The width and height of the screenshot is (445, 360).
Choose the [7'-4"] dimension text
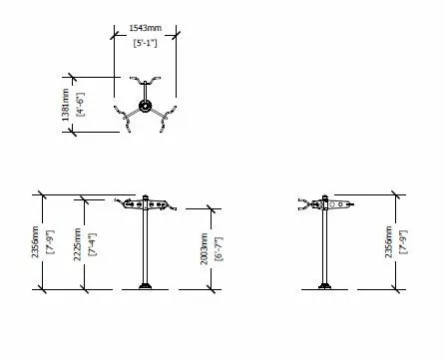(x=92, y=241)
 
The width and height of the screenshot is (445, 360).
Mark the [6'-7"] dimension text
(x=218, y=247)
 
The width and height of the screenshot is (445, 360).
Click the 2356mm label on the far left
(x=37, y=241)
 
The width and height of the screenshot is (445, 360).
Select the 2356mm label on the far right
(x=389, y=241)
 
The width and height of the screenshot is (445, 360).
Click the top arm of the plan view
(x=146, y=81)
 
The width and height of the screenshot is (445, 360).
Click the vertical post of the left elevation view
(x=147, y=249)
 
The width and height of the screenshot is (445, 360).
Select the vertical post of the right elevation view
(x=326, y=249)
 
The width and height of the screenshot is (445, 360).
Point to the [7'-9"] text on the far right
(x=402, y=241)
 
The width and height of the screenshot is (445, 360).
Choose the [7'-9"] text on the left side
(x=50, y=241)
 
